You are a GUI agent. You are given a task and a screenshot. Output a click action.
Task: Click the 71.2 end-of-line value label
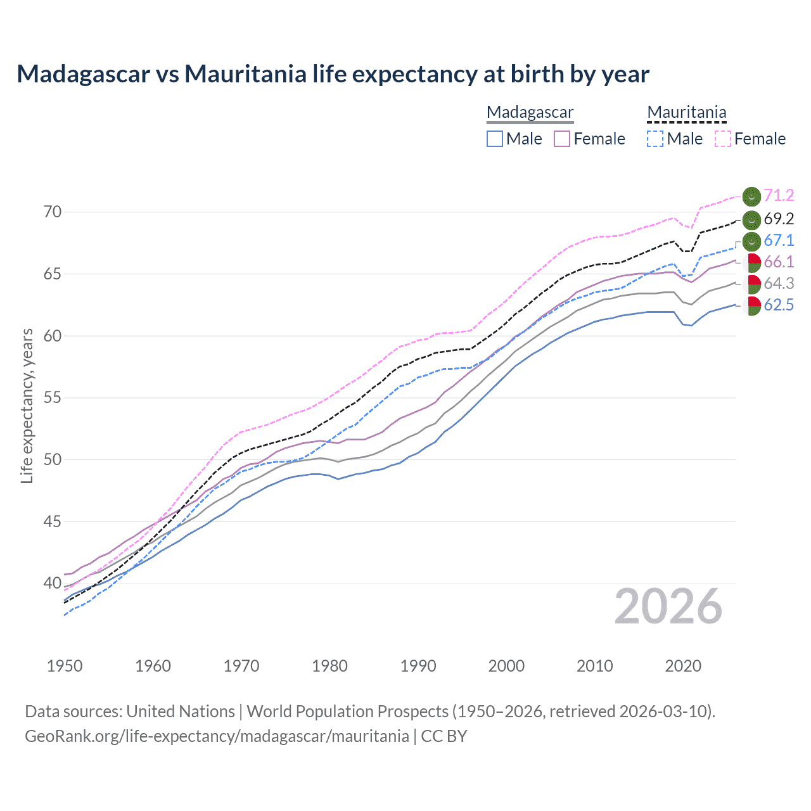coord(779,196)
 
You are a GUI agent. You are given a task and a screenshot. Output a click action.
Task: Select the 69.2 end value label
coord(779,219)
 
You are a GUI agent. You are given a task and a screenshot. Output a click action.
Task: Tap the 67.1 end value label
coord(779,241)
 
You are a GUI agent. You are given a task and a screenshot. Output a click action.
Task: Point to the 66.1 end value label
coord(779,262)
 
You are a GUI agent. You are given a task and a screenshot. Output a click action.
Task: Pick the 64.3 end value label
coord(779,284)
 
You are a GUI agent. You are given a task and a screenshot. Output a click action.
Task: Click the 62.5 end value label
coord(779,305)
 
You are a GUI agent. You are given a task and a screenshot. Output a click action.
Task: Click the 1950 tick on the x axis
coord(65,666)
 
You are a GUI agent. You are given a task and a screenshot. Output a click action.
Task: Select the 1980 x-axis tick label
coord(329,666)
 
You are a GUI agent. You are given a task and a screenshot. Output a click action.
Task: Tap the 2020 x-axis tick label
coord(683,666)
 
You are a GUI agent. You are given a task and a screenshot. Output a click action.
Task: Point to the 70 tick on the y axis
coord(53,212)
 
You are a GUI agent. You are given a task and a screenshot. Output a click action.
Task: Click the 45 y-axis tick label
coord(53,521)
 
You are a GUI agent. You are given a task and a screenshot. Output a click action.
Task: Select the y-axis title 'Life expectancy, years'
coord(27,405)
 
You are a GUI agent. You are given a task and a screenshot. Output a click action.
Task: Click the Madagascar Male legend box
coord(495,139)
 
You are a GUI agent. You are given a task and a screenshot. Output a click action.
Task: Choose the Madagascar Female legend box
coord(562,139)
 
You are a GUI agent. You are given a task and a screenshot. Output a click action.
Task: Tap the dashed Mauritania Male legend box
coord(655,139)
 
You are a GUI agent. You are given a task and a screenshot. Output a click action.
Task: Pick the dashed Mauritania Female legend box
coord(723,139)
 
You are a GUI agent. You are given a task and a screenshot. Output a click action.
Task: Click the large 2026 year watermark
coord(668,607)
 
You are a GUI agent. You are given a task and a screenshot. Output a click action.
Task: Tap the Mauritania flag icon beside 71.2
coord(751,196)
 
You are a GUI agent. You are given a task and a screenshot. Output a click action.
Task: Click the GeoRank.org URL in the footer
coord(217,736)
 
